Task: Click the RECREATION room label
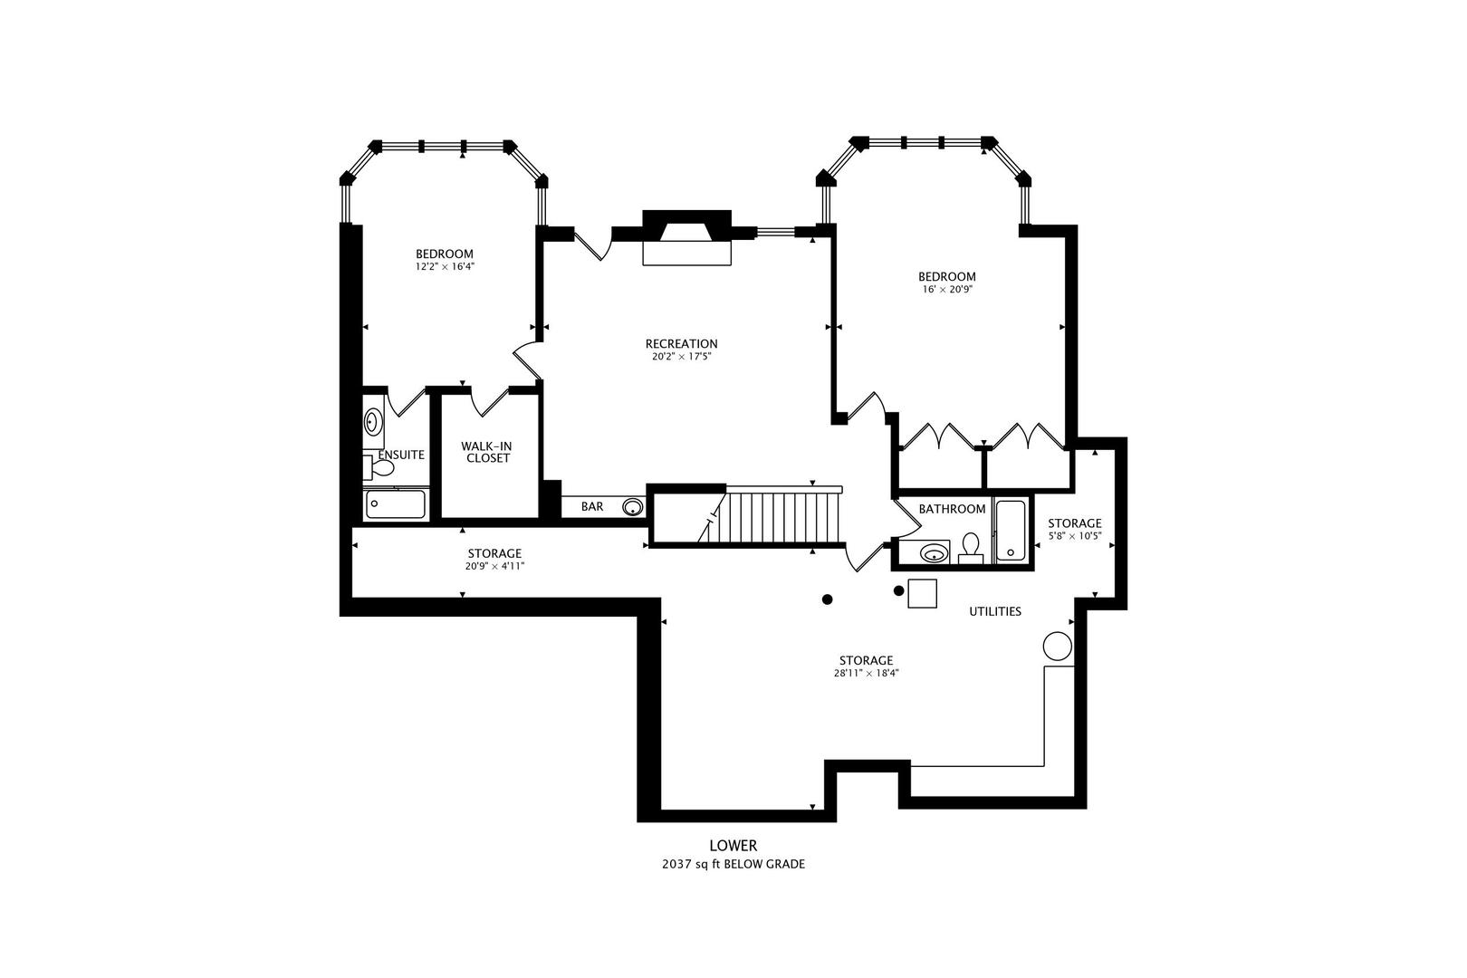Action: click(681, 343)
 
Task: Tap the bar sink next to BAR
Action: click(632, 507)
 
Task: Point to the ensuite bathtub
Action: click(396, 504)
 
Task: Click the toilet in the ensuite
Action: click(380, 468)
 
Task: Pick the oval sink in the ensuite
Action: click(372, 421)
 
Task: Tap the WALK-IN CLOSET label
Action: click(486, 452)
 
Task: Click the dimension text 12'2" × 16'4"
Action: click(445, 267)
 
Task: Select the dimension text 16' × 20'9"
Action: click(946, 290)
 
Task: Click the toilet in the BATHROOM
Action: click(971, 546)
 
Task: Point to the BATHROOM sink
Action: click(933, 552)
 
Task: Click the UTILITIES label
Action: click(994, 611)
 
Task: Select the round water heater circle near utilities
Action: click(1057, 646)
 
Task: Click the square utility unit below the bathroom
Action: click(922, 593)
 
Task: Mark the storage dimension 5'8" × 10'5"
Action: click(1074, 536)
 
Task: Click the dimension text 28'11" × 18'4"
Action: click(866, 673)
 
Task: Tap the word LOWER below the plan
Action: click(733, 846)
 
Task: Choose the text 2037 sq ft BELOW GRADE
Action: click(733, 864)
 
